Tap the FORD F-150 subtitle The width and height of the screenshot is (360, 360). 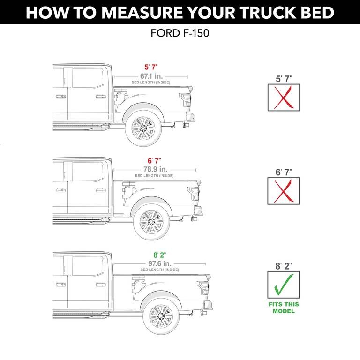click(x=180, y=34)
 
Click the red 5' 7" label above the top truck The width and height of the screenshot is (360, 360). click(x=150, y=67)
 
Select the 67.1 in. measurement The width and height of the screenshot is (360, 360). click(x=150, y=76)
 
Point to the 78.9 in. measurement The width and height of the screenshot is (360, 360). click(x=154, y=169)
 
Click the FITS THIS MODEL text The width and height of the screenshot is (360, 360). click(x=284, y=307)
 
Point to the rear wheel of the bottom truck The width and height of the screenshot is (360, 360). click(x=160, y=316)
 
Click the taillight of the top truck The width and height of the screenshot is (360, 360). click(x=186, y=99)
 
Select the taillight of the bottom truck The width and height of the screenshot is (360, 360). click(x=202, y=287)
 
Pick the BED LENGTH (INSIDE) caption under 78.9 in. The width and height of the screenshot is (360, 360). click(x=154, y=176)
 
